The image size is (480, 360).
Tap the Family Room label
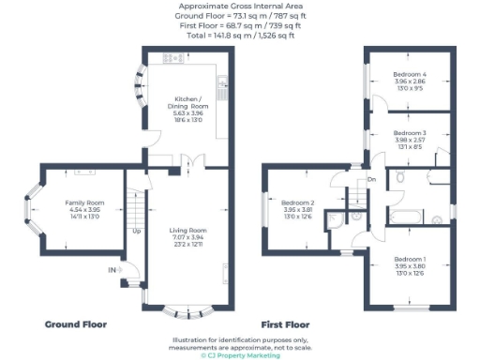(x=83, y=202)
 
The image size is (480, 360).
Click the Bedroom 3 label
(x=410, y=134)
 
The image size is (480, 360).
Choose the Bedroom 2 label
(x=298, y=203)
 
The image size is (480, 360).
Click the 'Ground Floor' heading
(x=76, y=324)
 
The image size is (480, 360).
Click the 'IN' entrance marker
(x=113, y=270)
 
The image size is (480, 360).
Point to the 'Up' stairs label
(x=137, y=232)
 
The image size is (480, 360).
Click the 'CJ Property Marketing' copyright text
(x=239, y=355)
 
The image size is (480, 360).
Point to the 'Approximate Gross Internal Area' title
(x=239, y=6)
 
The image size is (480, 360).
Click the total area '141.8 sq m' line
(x=239, y=37)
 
